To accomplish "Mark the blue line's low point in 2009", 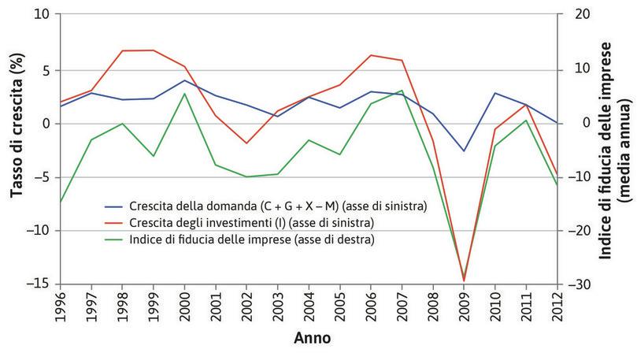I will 464,150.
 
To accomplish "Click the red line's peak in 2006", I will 371,55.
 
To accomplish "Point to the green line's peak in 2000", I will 185,94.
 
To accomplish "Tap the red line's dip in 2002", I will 247,143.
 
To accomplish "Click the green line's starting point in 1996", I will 61,202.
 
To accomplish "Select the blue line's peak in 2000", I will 185,80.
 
